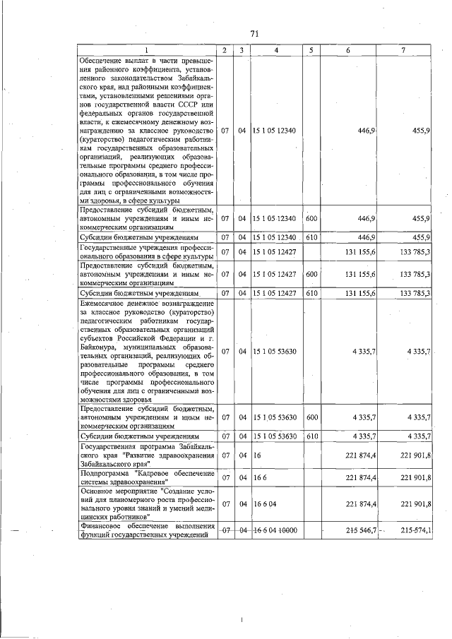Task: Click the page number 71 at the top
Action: (255, 33)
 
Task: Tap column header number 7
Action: (403, 50)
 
